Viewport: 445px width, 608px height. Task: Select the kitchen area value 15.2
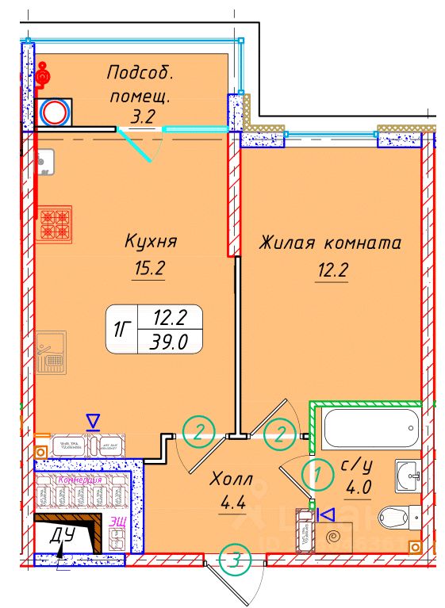(148, 269)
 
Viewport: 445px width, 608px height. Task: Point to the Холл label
(232, 480)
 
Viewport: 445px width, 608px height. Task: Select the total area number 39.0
(170, 342)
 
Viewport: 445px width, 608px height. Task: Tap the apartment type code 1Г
(123, 329)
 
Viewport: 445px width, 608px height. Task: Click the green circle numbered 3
(236, 561)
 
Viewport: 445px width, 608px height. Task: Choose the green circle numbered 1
(317, 477)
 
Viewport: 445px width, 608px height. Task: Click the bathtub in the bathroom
(370, 429)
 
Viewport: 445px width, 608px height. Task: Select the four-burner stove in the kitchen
(56, 224)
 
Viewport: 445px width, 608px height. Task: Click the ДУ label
(61, 535)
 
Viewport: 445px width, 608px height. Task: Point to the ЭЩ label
(117, 522)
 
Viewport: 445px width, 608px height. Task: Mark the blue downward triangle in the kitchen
(94, 419)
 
